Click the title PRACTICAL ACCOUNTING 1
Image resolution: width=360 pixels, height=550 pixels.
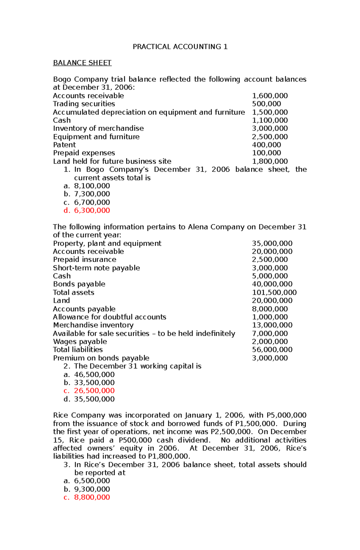tap(180, 47)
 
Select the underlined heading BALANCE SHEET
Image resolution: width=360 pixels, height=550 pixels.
tap(82, 63)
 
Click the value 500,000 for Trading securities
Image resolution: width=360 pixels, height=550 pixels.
tap(266, 104)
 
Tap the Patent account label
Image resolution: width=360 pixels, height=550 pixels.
tap(64, 145)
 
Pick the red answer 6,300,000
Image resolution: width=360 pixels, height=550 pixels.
tap(92, 210)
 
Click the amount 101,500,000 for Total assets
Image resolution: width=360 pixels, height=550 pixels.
tap(274, 293)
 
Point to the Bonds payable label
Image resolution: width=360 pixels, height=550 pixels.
tap(79, 284)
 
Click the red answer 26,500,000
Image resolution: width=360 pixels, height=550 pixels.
tap(94, 391)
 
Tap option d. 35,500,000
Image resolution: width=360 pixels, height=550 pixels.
tap(94, 399)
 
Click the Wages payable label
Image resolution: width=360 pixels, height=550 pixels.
tap(80, 342)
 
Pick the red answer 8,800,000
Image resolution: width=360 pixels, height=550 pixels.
tap(92, 497)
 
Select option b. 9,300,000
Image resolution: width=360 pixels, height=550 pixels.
tap(92, 489)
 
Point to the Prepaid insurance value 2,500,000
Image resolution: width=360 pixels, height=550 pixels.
tap(270, 260)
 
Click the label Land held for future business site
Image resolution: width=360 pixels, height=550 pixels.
tap(112, 162)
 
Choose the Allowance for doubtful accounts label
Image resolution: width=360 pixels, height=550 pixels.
tap(109, 317)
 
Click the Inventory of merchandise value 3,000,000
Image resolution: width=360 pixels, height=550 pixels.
tap(270, 129)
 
